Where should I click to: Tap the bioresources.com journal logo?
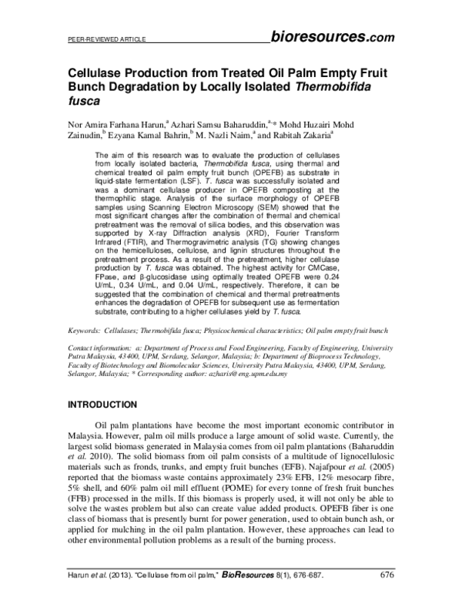tap(333, 35)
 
